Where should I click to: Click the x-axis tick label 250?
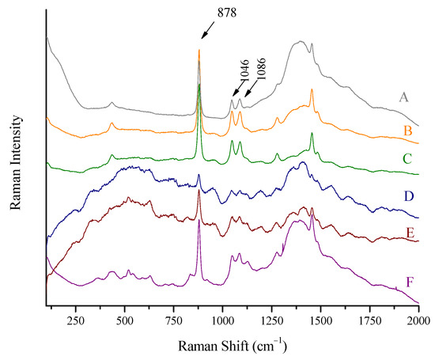pos(76,322)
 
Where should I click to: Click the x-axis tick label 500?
pos(125,322)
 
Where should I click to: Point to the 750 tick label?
pos(174,322)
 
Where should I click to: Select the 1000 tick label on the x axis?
pos(223,322)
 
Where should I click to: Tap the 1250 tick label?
pos(272,322)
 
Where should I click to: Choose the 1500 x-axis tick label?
pos(321,322)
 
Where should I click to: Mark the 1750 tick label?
pos(370,322)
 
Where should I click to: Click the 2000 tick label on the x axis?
pos(418,322)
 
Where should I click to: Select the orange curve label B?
pos(405,130)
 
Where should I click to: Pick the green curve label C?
pos(405,159)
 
